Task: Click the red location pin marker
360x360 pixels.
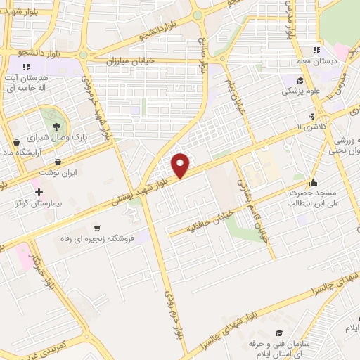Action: click(181, 165)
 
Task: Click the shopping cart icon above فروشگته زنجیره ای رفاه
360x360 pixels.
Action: click(97, 227)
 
